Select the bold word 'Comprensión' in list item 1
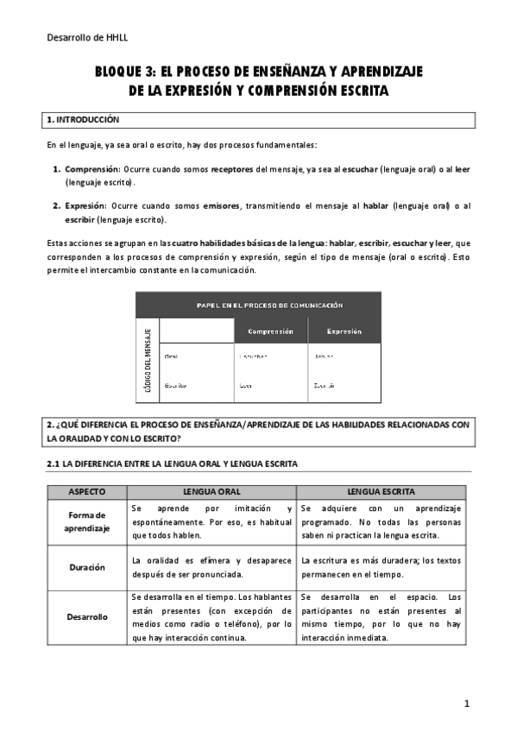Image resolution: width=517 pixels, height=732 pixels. click(x=90, y=170)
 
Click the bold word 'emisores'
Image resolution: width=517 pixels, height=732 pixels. click(x=222, y=205)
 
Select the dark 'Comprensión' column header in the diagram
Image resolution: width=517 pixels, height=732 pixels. click(x=270, y=331)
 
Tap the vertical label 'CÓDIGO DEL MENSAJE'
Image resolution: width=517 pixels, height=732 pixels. click(x=148, y=360)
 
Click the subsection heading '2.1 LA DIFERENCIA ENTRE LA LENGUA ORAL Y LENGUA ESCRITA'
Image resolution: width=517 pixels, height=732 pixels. click(x=172, y=464)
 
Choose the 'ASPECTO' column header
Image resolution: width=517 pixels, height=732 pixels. click(x=86, y=491)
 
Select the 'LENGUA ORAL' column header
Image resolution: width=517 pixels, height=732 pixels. click(x=211, y=491)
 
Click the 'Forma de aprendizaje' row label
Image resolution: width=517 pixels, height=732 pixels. click(x=86, y=522)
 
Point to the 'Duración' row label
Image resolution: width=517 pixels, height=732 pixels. click(x=86, y=567)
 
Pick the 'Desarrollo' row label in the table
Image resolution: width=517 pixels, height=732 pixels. click(x=86, y=617)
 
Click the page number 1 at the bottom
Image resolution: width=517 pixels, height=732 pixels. click(x=466, y=704)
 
